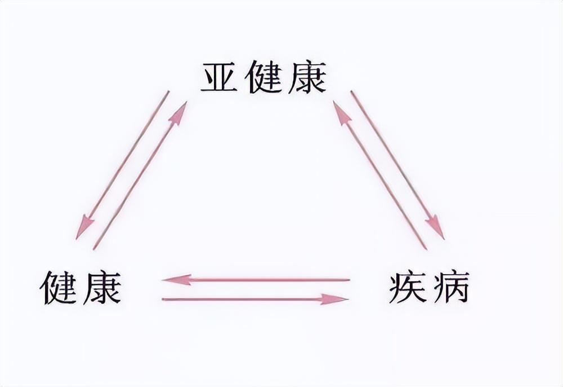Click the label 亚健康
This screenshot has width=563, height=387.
click(x=263, y=78)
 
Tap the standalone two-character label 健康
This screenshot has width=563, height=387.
click(x=81, y=287)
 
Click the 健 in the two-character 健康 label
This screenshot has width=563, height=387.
click(x=60, y=287)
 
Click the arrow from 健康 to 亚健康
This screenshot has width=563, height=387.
click(x=140, y=175)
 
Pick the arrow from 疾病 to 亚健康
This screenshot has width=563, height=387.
click(x=380, y=175)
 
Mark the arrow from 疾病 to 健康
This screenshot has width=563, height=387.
click(x=256, y=279)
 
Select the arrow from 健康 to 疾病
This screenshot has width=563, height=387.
click(x=256, y=299)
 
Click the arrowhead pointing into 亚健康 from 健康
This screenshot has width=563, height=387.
click(x=179, y=113)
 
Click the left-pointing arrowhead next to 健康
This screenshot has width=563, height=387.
click(x=175, y=279)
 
